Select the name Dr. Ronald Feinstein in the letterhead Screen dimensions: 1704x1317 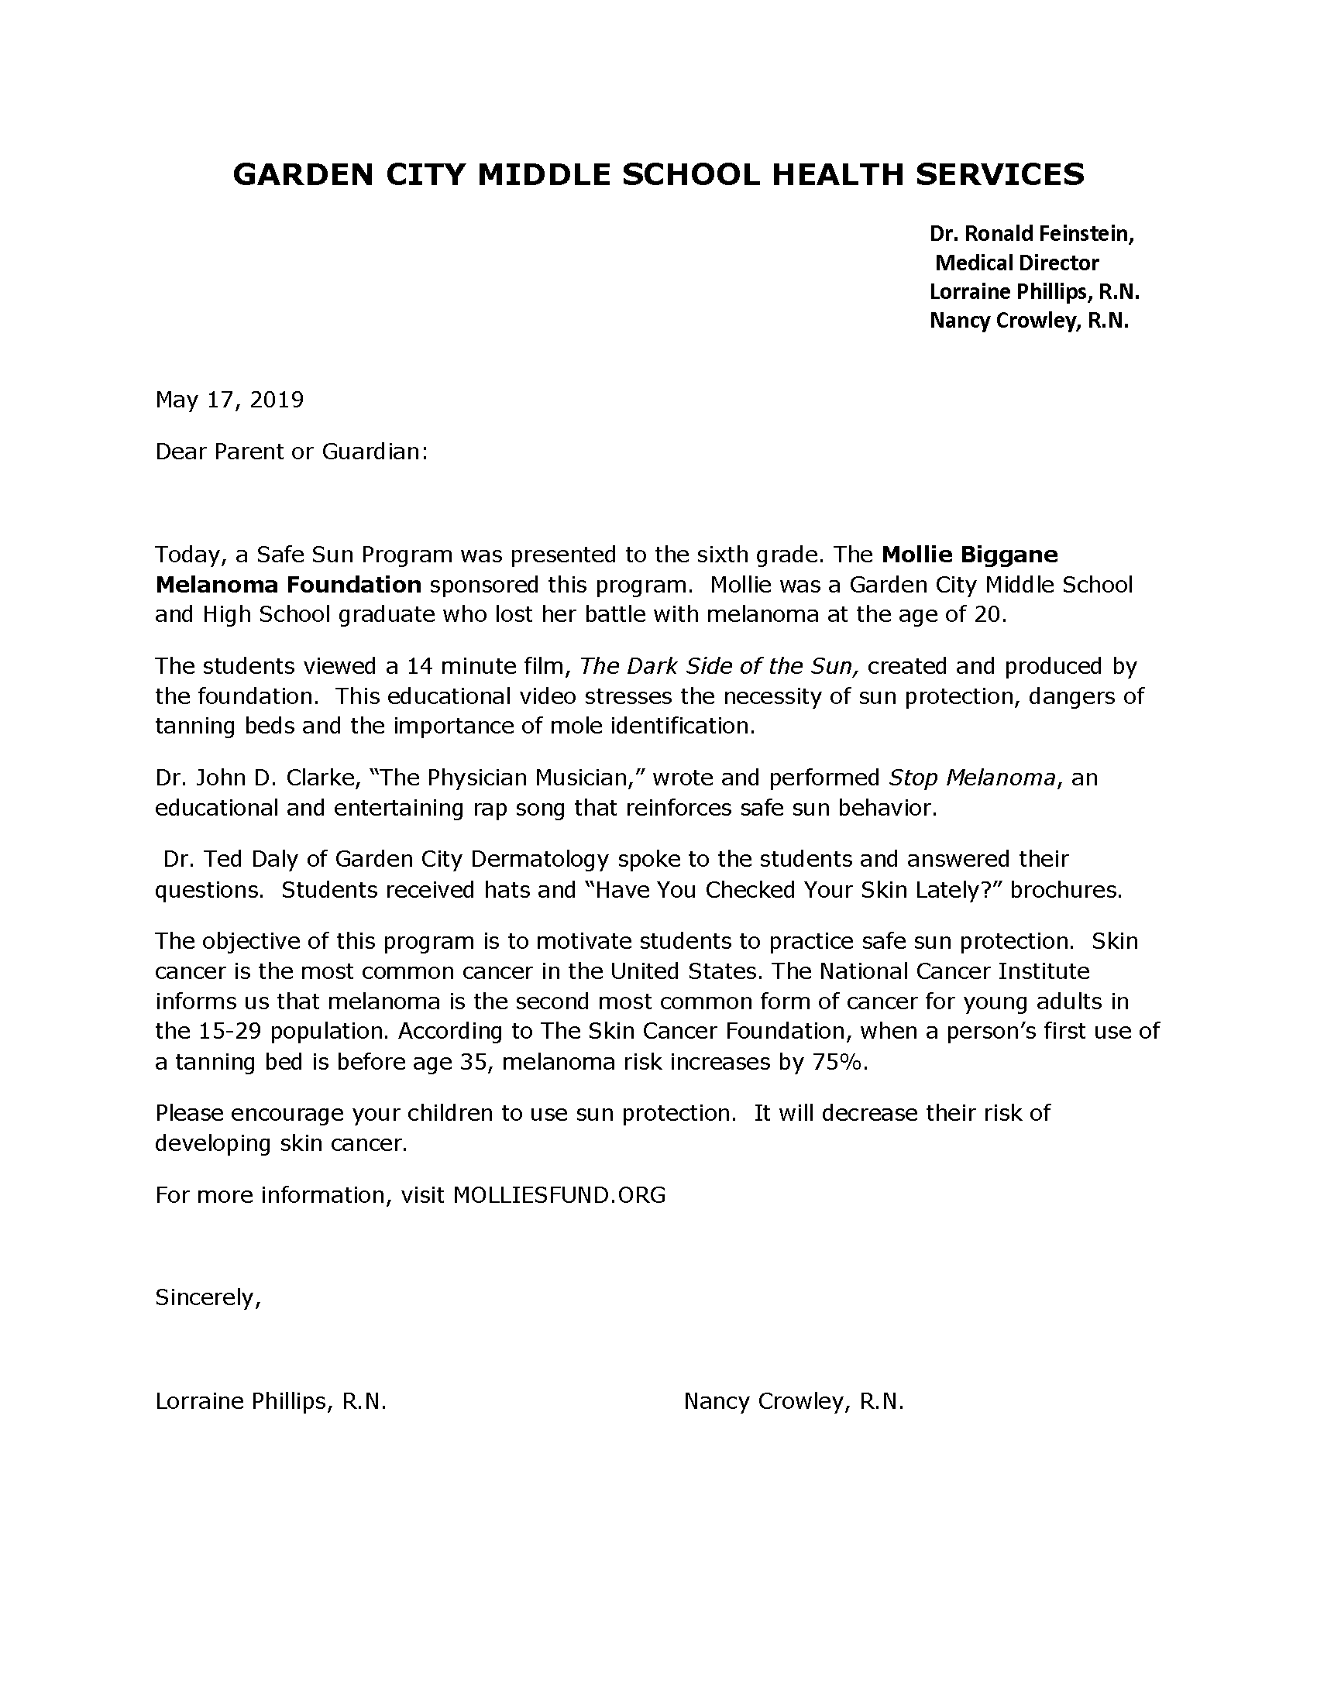point(1030,233)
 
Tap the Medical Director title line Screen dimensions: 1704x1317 point(1016,263)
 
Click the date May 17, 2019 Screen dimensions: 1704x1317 point(229,400)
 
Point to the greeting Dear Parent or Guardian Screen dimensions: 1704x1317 point(291,452)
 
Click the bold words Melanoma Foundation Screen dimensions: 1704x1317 point(288,584)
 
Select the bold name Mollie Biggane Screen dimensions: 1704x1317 point(969,555)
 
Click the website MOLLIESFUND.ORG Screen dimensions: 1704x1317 point(559,1195)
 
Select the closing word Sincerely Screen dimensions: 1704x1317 point(207,1297)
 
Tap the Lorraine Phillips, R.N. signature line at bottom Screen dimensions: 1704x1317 point(270,1401)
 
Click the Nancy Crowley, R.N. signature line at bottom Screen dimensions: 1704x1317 point(793,1401)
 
